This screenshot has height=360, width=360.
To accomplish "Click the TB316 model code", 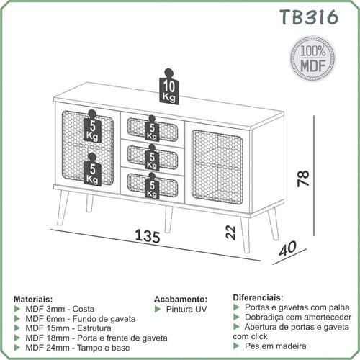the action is [x=309, y=17].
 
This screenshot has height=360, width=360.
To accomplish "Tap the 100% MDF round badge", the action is [x=312, y=58].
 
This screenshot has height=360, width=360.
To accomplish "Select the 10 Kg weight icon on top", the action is [x=169, y=87].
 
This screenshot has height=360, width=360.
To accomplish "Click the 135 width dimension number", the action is [x=148, y=236].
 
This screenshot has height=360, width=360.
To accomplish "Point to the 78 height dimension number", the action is [x=303, y=179].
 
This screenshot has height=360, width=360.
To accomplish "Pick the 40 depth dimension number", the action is [x=288, y=248].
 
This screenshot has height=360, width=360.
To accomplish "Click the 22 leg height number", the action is [x=231, y=233].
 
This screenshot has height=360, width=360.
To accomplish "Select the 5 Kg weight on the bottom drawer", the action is [x=152, y=186].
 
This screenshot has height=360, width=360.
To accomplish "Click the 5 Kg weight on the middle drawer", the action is [x=152, y=157].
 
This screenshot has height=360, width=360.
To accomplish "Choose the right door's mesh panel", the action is [x=217, y=166].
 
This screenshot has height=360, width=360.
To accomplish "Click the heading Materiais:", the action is [x=33, y=300].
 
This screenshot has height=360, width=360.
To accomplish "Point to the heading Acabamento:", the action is [x=181, y=300].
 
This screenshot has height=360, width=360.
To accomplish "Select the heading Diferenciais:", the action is [x=258, y=297].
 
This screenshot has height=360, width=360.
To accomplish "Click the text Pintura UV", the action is [x=186, y=309].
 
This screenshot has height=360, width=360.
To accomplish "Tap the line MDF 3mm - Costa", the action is [x=60, y=309].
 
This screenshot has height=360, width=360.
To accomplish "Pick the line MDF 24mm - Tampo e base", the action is [x=78, y=348].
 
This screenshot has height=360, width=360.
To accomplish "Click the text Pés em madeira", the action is [x=276, y=346].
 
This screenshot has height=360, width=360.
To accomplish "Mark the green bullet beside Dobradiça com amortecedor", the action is [x=236, y=317].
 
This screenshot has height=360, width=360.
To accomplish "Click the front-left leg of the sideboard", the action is [x=63, y=207].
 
